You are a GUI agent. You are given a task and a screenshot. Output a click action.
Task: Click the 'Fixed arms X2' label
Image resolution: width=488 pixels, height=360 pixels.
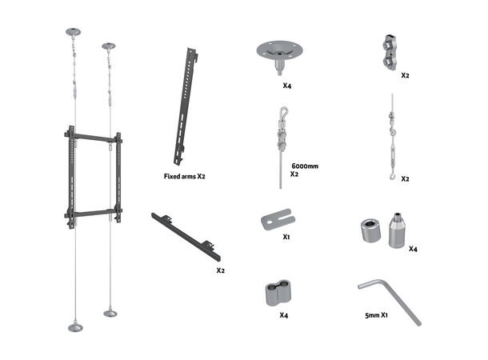tap(184, 176)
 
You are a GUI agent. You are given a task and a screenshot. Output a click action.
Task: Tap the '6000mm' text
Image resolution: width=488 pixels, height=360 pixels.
tap(305, 166)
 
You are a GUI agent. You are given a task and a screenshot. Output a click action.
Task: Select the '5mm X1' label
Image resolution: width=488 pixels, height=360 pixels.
tap(376, 315)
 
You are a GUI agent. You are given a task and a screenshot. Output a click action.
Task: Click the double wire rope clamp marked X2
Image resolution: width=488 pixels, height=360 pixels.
tap(389, 52)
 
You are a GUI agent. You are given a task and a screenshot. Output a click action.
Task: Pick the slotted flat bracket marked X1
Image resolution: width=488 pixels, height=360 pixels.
tap(278, 219)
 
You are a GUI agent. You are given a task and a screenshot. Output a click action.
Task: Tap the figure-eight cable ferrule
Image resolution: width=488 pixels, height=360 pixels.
tap(278, 293)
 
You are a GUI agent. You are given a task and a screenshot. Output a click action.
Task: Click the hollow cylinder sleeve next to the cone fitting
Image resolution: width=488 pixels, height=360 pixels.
tap(371, 230)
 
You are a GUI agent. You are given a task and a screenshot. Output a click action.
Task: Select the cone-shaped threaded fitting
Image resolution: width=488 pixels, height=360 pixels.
tap(397, 231)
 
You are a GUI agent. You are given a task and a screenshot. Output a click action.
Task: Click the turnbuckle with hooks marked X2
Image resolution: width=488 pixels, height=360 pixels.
tap(392, 137)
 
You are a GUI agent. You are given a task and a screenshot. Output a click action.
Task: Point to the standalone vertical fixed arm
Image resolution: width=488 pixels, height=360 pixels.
tap(186, 106)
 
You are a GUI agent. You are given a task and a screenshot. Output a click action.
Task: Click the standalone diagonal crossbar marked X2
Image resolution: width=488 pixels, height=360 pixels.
tap(186, 237)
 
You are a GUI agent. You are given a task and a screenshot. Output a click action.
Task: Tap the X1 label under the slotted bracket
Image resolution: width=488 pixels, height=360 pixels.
tap(286, 237)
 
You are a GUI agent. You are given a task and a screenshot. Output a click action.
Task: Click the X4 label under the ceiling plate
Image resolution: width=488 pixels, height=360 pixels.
tap(287, 86)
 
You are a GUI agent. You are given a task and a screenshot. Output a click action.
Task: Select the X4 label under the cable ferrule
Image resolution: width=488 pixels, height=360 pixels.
tap(283, 315)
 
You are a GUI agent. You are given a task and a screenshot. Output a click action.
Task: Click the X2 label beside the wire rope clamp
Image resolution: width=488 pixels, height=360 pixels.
tap(405, 75)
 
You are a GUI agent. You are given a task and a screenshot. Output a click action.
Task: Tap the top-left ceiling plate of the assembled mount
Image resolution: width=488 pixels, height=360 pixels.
tap(73, 32)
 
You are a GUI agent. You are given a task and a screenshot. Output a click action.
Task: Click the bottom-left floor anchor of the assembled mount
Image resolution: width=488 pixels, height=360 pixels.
tap(75, 327)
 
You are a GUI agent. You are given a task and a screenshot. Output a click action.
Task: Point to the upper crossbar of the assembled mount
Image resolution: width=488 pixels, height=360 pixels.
tap(93, 138)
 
